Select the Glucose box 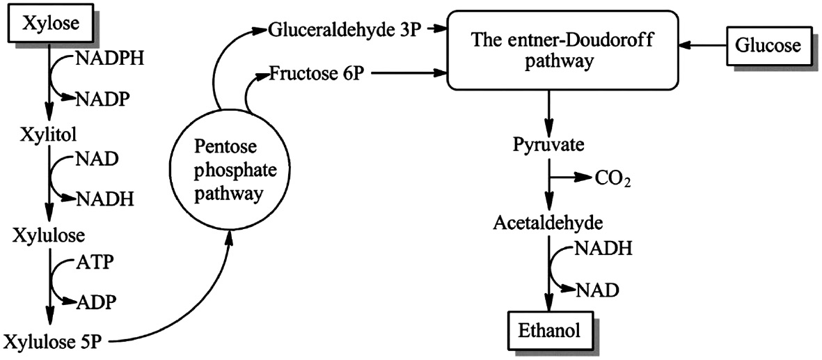click(x=768, y=46)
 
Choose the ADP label click(x=95, y=302)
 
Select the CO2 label click(x=612, y=179)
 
